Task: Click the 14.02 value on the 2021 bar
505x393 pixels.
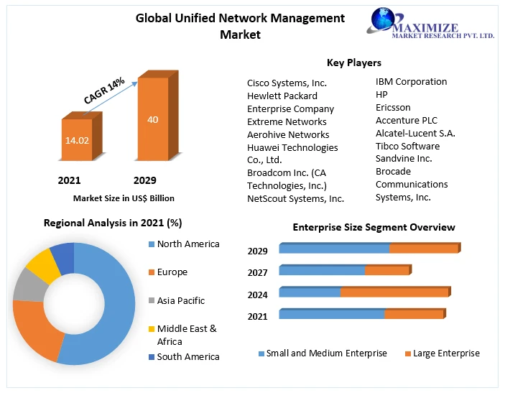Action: tap(77, 140)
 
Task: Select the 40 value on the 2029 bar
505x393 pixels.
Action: tap(153, 119)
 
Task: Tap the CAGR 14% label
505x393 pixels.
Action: tap(104, 91)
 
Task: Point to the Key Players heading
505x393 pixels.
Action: tap(354, 63)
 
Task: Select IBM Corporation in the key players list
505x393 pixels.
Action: tap(411, 82)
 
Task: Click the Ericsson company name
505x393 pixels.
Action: tap(393, 108)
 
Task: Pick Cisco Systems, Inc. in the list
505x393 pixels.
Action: tap(287, 83)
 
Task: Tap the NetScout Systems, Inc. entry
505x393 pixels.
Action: tap(295, 198)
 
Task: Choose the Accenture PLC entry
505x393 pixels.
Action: tap(406, 121)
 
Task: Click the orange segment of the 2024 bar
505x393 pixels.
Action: tap(394, 292)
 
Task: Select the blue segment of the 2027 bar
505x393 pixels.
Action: tap(322, 271)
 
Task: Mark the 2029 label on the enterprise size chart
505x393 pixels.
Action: tap(258, 251)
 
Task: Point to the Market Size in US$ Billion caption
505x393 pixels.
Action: tap(124, 198)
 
